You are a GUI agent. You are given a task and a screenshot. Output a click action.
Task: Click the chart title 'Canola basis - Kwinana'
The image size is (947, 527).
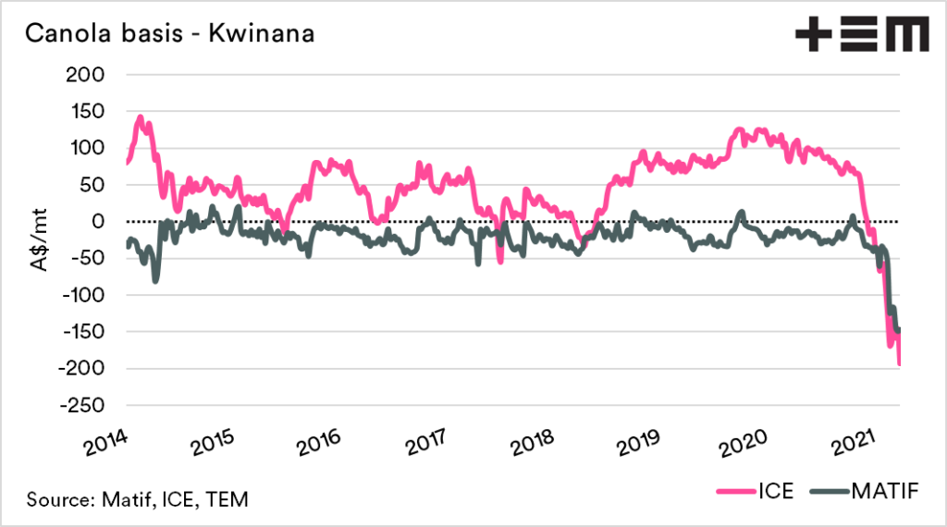[x=168, y=35]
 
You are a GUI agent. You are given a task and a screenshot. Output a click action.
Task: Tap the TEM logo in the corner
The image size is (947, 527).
[x=861, y=35]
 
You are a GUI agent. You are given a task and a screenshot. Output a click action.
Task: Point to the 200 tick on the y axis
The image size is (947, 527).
[x=90, y=74]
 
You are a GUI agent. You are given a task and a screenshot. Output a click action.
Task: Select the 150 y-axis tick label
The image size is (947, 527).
[x=90, y=111]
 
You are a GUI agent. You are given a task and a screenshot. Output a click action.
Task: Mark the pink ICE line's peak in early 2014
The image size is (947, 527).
[x=141, y=117]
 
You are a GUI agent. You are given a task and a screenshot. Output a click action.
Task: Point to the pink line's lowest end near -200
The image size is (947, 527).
[x=900, y=364]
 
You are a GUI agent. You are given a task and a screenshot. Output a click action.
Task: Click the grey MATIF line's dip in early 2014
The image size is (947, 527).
[x=154, y=279]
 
